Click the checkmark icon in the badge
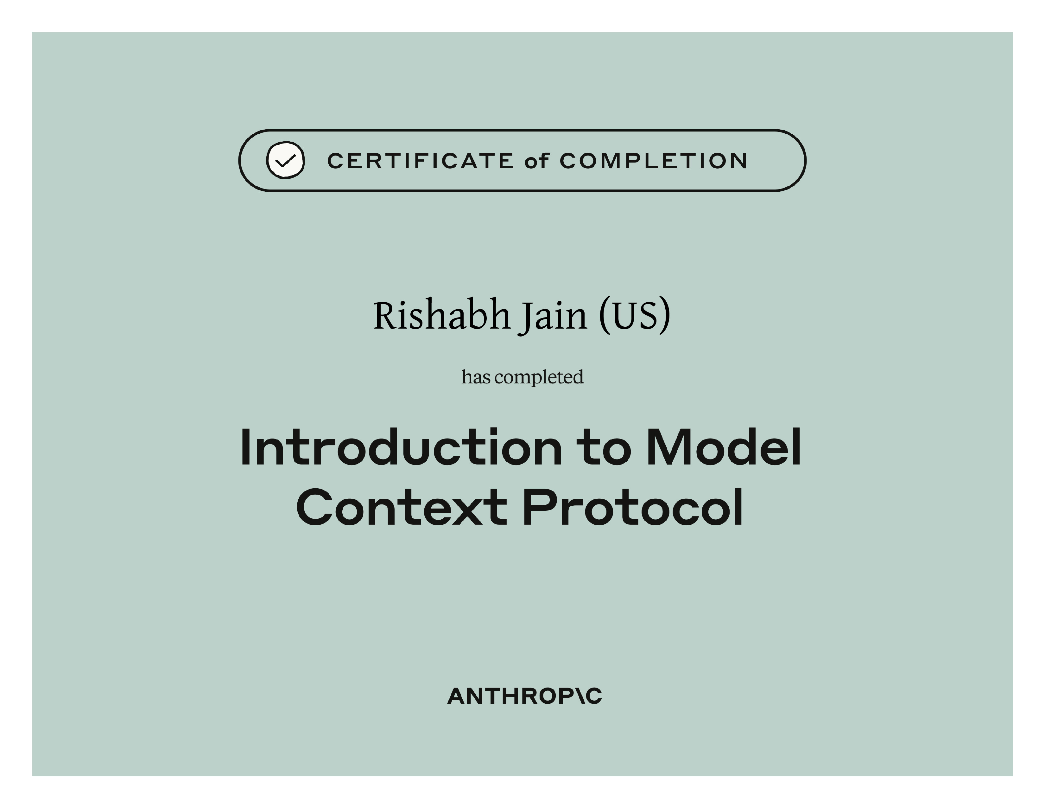[x=285, y=160]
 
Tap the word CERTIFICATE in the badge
[x=421, y=161]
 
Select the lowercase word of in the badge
[x=536, y=161]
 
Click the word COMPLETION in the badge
[x=653, y=161]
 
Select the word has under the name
[x=476, y=377]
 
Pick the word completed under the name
[x=539, y=378]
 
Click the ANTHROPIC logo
[x=524, y=696]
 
